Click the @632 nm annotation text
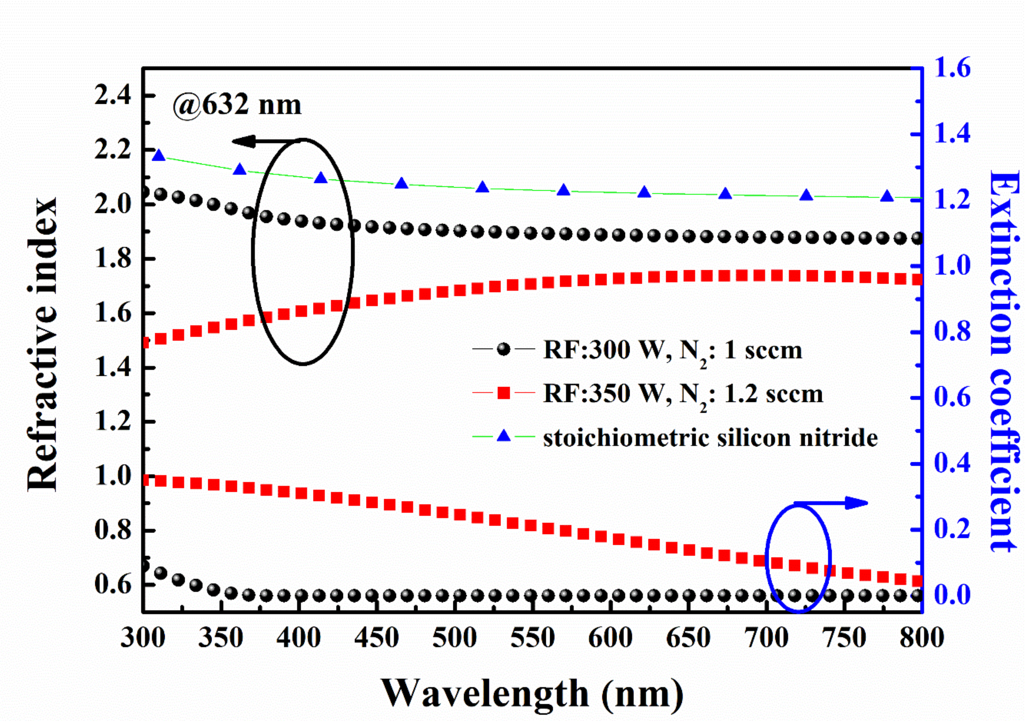237,105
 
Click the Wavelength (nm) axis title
532,694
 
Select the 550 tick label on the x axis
532,638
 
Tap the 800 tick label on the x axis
921,638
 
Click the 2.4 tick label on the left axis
113,96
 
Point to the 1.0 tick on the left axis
113,476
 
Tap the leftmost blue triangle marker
159,156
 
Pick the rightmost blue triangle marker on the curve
887,196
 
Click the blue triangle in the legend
504,436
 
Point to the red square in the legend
504,394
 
